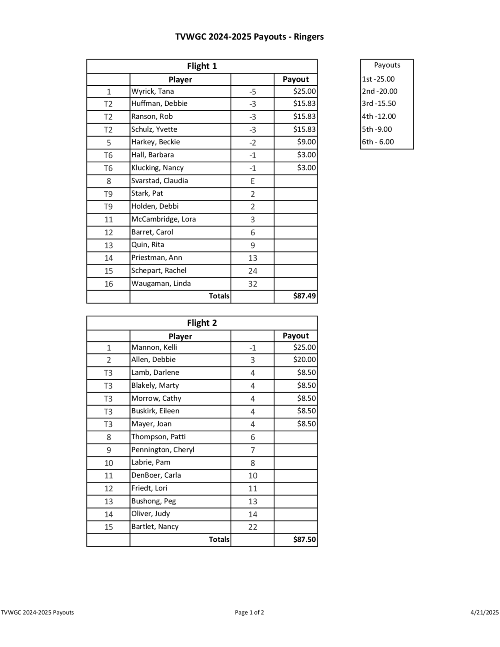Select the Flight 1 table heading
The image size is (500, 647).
[202, 66]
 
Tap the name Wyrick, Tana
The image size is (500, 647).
[152, 91]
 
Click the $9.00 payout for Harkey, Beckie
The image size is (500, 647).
[306, 142]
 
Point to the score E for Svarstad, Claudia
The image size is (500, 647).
[252, 181]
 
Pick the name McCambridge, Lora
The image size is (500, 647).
[163, 219]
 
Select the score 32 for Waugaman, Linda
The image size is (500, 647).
[252, 284]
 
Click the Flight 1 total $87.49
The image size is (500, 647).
[304, 296]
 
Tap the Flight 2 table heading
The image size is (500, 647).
[202, 323]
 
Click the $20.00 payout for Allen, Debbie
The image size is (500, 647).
[304, 360]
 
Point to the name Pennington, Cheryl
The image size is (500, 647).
[162, 450]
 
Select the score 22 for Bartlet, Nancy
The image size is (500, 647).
[252, 527]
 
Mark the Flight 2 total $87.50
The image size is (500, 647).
[304, 539]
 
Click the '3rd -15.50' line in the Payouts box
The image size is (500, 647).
[378, 103]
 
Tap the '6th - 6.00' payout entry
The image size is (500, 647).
[378, 142]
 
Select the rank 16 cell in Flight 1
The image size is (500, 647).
[108, 284]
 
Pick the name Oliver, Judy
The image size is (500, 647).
[150, 514]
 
